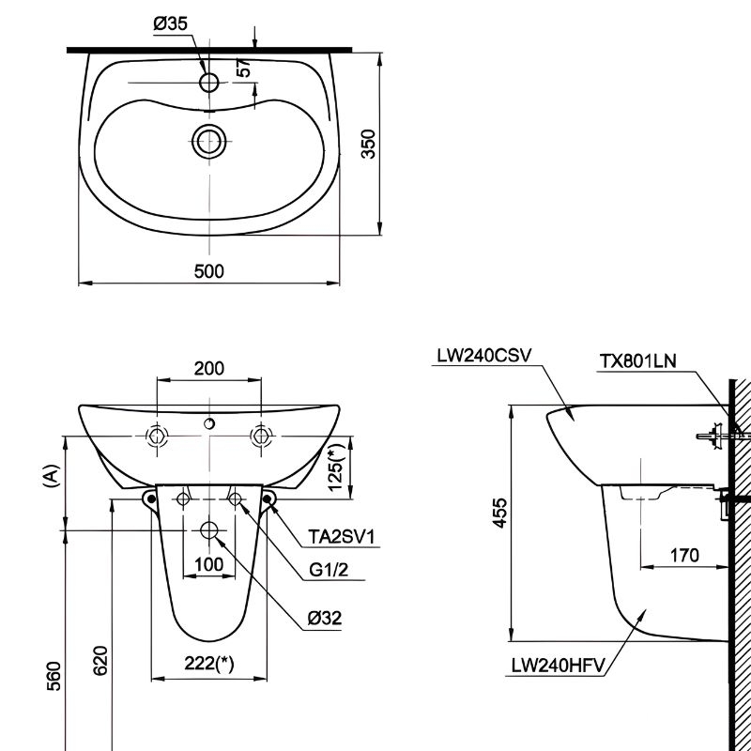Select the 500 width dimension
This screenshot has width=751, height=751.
click(x=208, y=271)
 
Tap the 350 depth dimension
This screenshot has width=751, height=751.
click(x=369, y=143)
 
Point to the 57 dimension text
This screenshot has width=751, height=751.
click(x=243, y=67)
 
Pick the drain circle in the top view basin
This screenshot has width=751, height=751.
click(x=208, y=142)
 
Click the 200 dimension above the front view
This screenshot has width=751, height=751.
click(x=208, y=368)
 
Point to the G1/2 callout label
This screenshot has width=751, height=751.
click(x=329, y=570)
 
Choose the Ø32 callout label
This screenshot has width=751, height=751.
click(x=324, y=618)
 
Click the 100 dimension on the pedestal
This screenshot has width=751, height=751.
click(x=208, y=564)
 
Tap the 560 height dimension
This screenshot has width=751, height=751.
click(x=54, y=672)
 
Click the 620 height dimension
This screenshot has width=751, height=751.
click(x=101, y=660)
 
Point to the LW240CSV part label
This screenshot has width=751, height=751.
click(x=483, y=356)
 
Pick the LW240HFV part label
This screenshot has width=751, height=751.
click(x=559, y=668)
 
